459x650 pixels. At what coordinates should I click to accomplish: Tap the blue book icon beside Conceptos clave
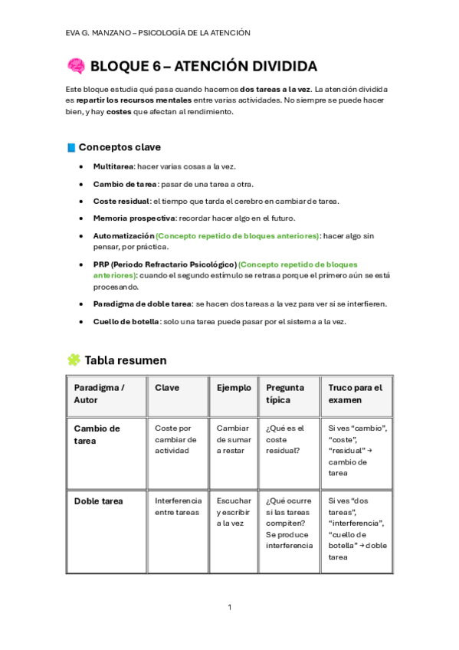pos(71,147)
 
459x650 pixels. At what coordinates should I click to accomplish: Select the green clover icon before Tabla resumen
pos(74,359)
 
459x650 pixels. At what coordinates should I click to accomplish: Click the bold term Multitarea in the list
pos(113,166)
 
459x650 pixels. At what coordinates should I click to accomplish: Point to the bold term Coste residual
pos(121,201)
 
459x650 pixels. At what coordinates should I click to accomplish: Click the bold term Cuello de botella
pos(126,321)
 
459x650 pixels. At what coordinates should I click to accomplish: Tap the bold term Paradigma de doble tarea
pos(142,304)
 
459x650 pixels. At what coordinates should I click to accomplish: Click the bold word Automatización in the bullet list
pos(123,236)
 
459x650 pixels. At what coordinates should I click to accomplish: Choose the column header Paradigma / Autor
pos(99,394)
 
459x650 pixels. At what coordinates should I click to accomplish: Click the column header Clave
pos(167,388)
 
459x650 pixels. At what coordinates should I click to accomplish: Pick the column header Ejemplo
pos(234,388)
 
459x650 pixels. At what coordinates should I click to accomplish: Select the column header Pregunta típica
pos(285,394)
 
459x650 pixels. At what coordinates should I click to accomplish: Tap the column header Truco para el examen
pos(355,394)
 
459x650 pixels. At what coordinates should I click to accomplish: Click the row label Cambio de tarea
pos(97,434)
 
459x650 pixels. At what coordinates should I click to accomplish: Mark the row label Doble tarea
pos(98,501)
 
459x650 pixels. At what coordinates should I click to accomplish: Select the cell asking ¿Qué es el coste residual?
pos(285,440)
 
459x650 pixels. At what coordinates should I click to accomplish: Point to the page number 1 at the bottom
pos(229,607)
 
